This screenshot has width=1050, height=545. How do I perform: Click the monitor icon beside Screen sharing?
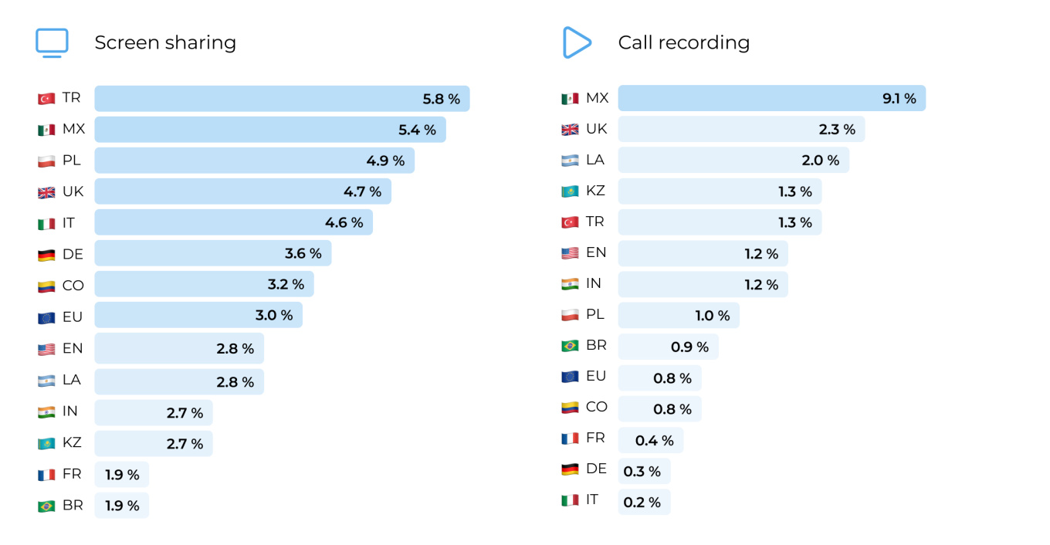click(52, 43)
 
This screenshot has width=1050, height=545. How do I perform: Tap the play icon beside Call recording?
click(576, 42)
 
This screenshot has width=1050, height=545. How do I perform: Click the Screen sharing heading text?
click(165, 42)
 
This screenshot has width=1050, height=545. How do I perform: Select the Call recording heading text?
click(683, 42)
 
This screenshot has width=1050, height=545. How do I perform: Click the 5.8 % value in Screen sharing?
click(441, 99)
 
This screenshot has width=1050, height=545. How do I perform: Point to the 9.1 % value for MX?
click(899, 99)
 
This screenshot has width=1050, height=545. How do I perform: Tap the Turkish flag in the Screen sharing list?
click(46, 99)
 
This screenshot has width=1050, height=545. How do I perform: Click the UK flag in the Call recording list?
click(570, 130)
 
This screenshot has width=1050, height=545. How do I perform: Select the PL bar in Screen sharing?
click(254, 161)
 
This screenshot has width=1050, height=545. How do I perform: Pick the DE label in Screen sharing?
click(73, 253)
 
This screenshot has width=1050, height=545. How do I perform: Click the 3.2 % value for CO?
click(286, 284)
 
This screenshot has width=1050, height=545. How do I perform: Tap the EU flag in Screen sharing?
click(46, 317)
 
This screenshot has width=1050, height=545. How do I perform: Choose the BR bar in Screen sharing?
click(121, 506)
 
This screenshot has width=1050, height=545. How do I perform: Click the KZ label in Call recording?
click(595, 191)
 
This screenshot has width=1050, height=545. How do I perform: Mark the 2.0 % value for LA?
click(820, 161)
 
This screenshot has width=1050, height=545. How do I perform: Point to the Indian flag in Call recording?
click(570, 284)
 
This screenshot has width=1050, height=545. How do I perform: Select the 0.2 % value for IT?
click(642, 503)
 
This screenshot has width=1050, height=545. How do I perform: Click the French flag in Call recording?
click(570, 438)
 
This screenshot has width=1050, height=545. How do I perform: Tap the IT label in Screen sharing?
click(69, 222)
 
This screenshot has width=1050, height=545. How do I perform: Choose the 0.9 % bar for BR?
click(668, 347)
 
